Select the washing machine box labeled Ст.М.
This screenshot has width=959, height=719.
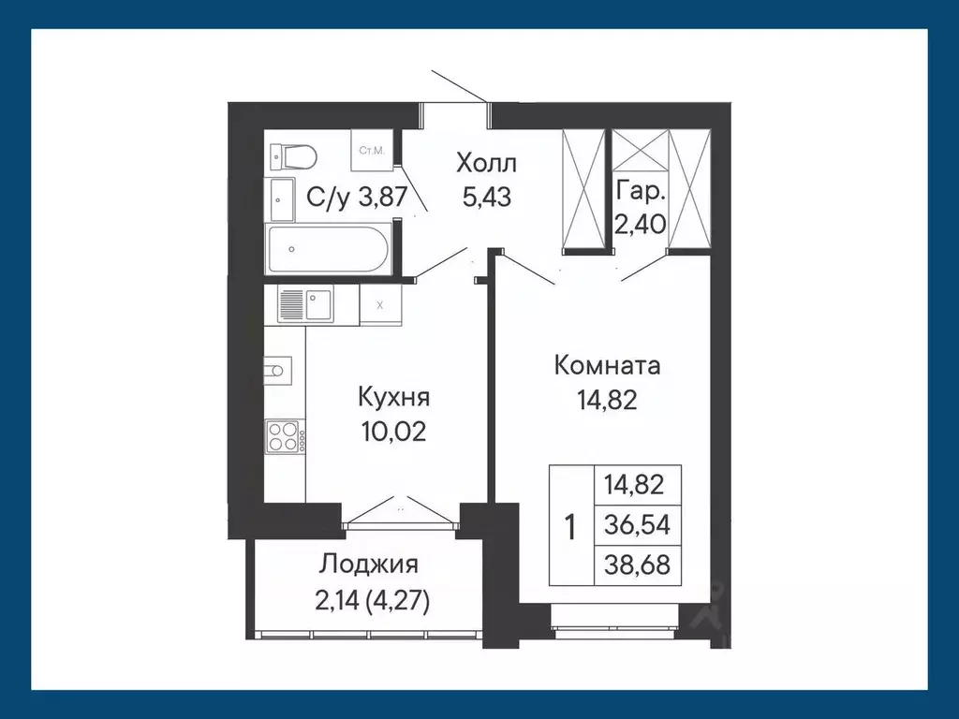pos(369,151)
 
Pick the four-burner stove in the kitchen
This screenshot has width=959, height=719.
pos(283,435)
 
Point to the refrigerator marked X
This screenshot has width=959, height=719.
pos(379,304)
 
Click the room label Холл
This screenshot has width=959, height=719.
pos(486,164)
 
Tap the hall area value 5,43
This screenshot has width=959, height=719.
pos(486,198)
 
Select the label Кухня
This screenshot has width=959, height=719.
pos(393,397)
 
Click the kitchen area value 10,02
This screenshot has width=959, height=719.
pos(393,433)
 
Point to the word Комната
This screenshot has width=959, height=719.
pos(607,365)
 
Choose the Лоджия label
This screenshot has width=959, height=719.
pos(368,565)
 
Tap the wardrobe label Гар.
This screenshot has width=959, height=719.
pos(641,193)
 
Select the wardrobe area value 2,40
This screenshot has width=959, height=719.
pos(641,225)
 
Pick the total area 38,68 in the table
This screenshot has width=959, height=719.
pos(637,564)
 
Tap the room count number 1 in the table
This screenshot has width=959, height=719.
pos(569,526)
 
